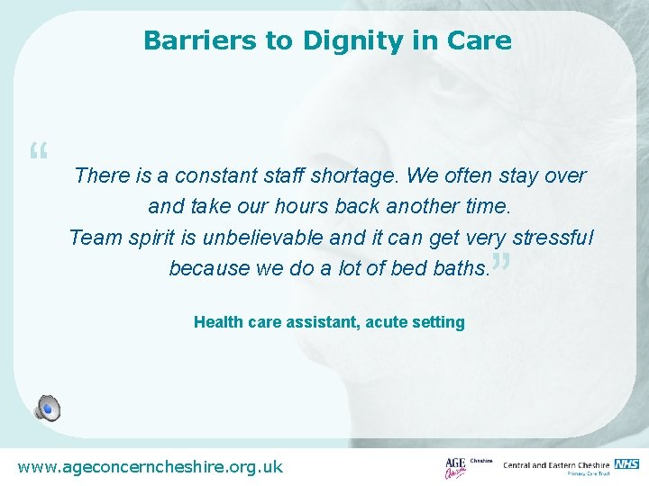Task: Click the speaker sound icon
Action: coord(47,408)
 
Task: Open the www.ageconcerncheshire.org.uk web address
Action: coord(151,466)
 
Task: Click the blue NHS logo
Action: coord(626,463)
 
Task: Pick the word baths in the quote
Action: coord(460,268)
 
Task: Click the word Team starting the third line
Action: coord(91,238)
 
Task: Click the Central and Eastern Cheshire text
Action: coord(557,464)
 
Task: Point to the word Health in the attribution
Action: coord(215,322)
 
